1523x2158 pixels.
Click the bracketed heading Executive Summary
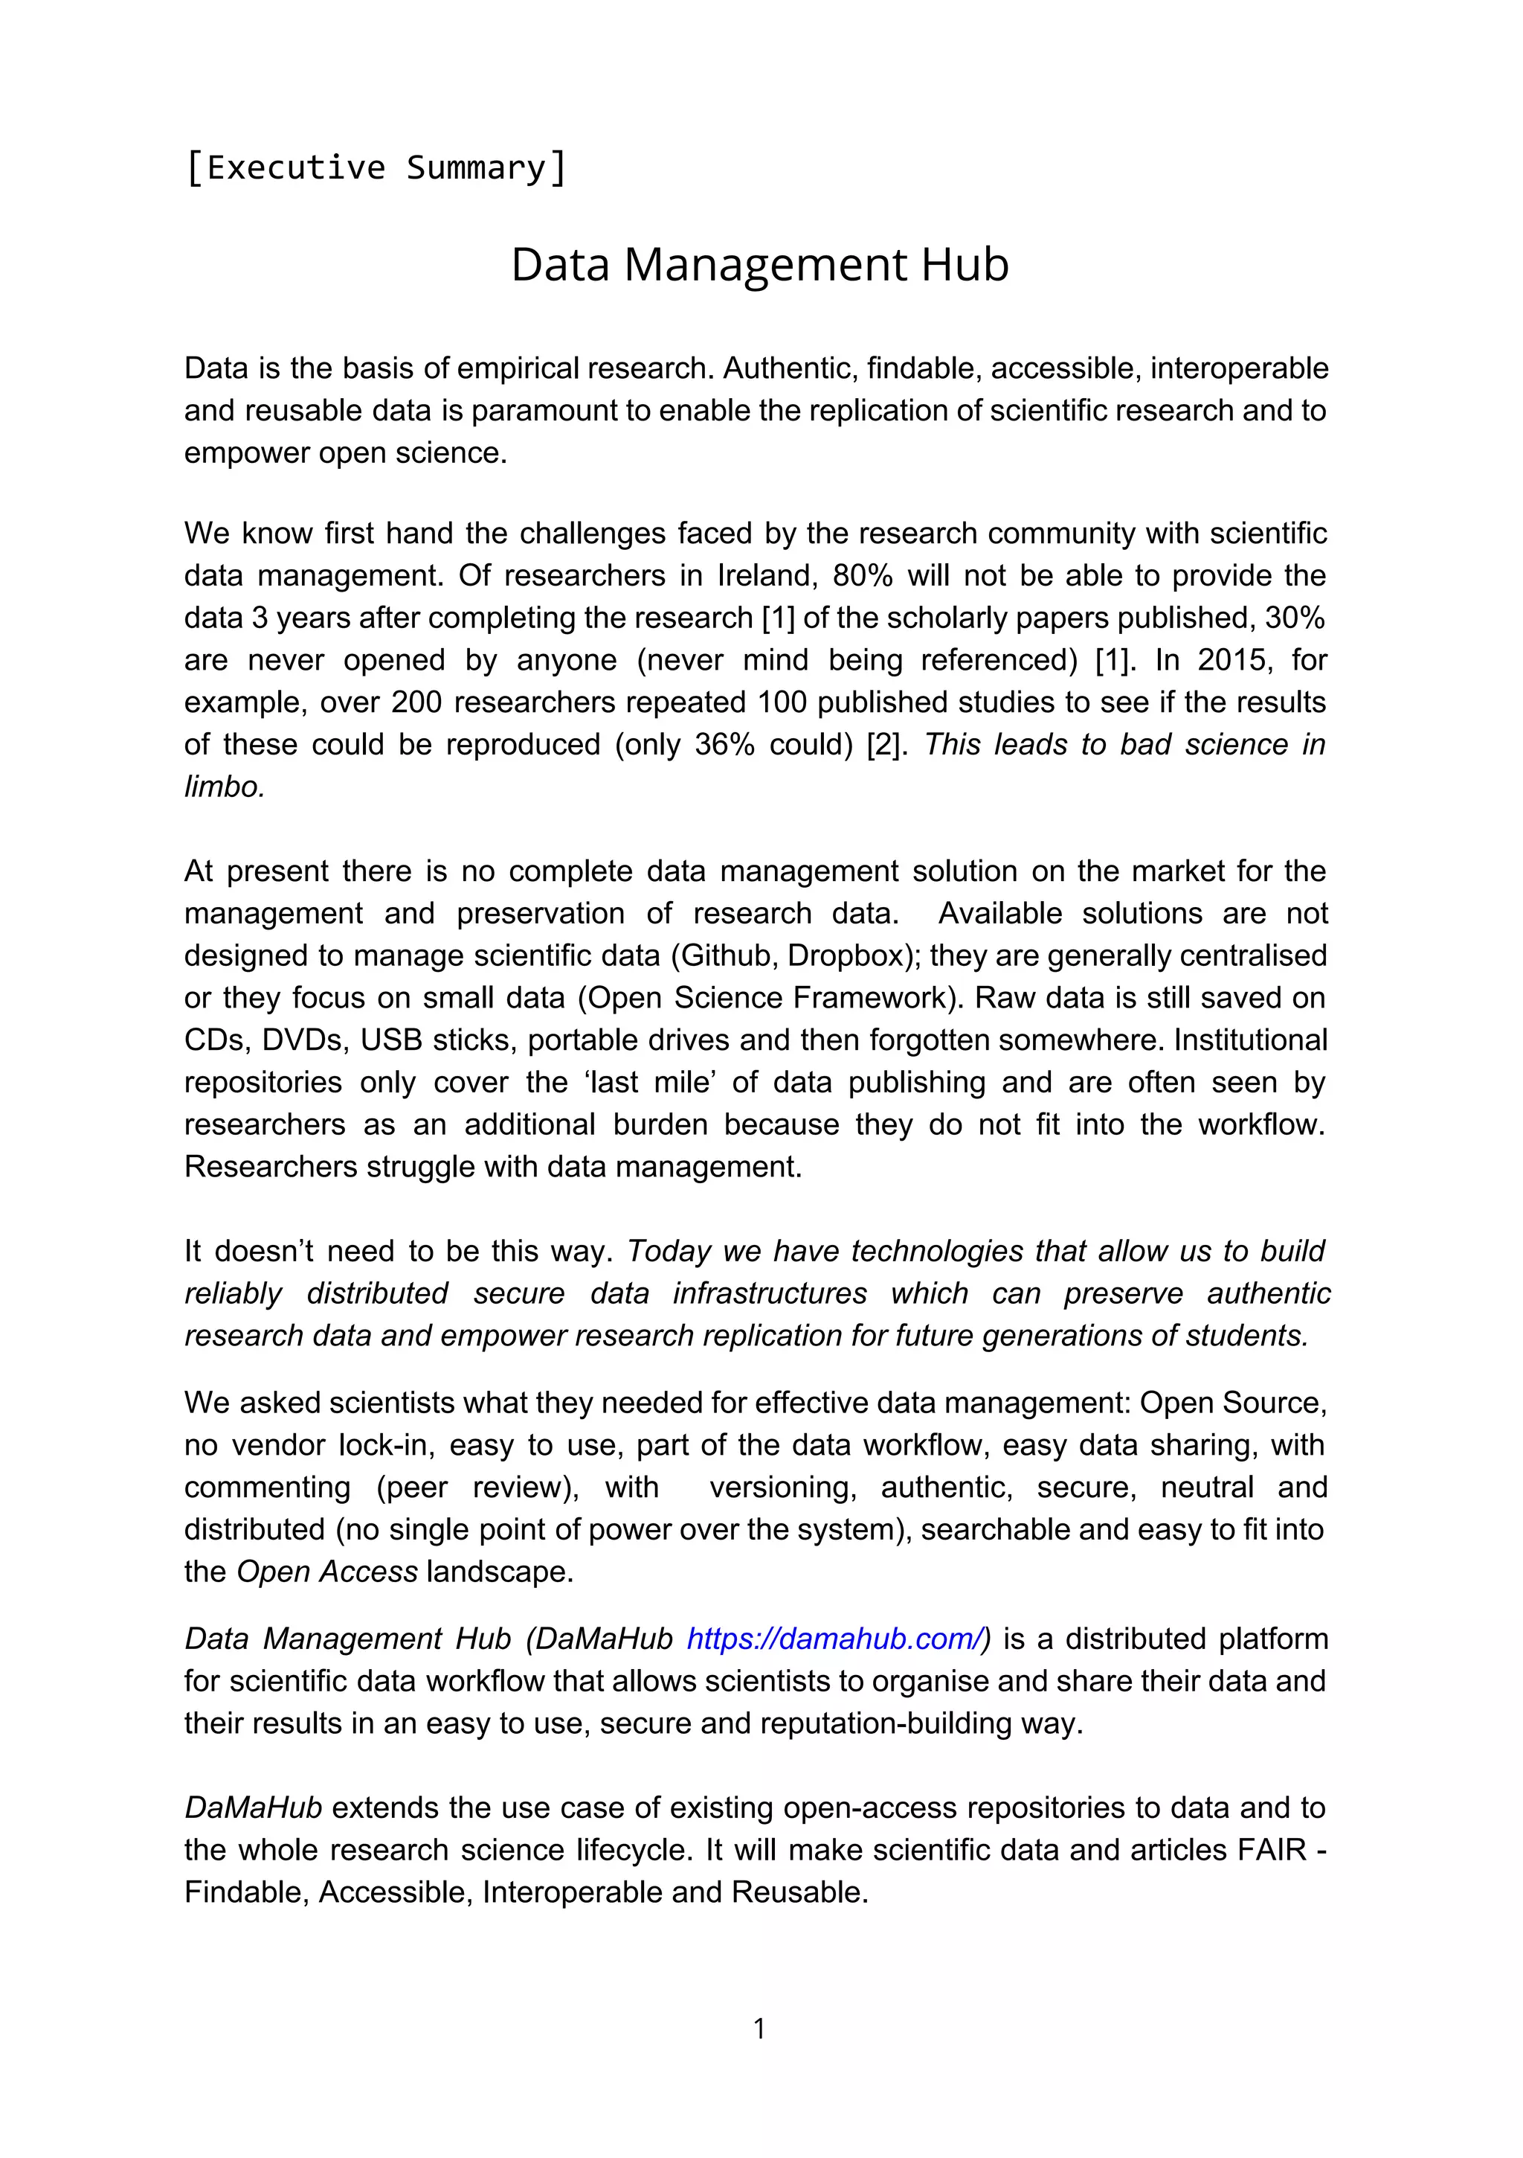pos(376,168)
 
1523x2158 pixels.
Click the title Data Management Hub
pos(759,265)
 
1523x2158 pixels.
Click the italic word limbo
pos(224,787)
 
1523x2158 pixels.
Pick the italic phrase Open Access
pos(327,1572)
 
